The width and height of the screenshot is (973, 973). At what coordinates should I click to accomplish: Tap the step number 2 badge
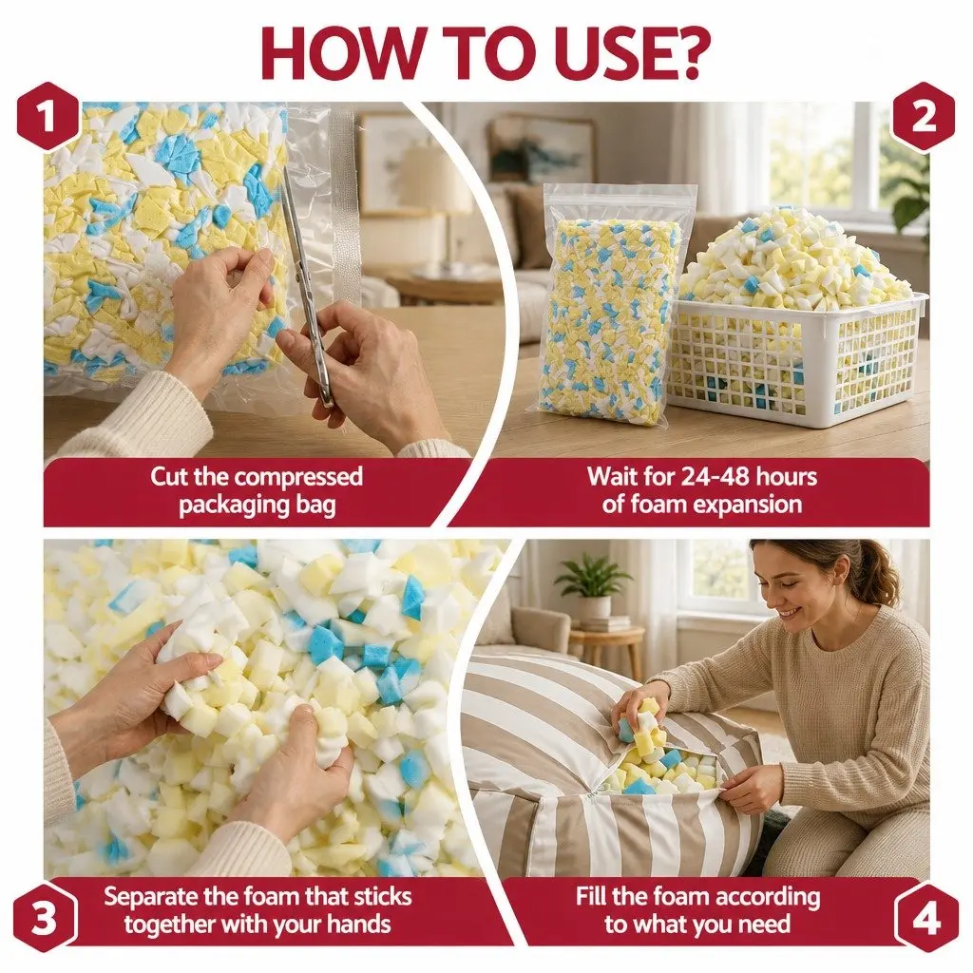(x=924, y=116)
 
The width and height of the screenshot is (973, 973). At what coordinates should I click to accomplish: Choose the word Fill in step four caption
(x=591, y=897)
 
